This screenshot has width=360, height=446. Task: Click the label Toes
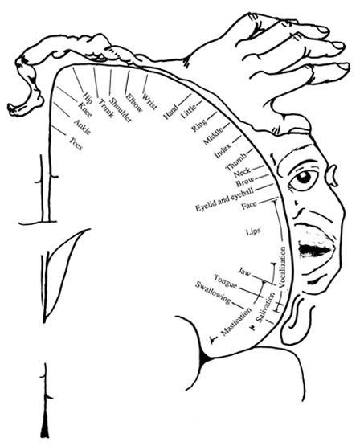coord(76,144)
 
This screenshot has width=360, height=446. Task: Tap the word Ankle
coord(82,127)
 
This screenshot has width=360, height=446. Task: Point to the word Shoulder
coord(121,110)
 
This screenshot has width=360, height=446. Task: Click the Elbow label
coord(133,102)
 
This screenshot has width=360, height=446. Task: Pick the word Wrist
coord(149,101)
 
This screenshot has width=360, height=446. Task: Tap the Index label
coord(223,151)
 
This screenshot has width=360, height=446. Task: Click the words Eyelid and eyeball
coord(224,199)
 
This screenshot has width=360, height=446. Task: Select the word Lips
coord(253,231)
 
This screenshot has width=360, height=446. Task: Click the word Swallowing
coord(213,293)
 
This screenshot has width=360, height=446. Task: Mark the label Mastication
coord(236,321)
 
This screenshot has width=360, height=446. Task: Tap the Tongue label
coord(225,280)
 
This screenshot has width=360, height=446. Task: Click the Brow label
coord(244,181)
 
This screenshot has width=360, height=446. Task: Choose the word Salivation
coord(266,307)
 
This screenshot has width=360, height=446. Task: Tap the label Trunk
coord(106,108)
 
